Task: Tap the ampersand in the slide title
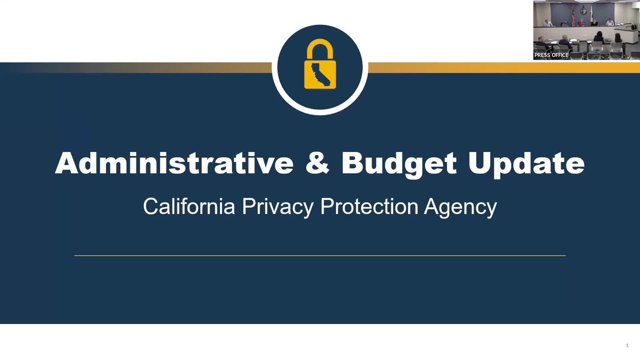(x=317, y=163)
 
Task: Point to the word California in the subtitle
(x=189, y=206)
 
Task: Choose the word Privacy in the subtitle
(x=277, y=207)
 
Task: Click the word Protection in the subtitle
(x=369, y=206)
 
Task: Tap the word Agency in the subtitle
(x=460, y=207)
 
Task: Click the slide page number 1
(x=627, y=345)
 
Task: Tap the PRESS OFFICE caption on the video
(x=551, y=55)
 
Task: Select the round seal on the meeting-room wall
(x=583, y=10)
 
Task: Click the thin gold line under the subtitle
(x=320, y=256)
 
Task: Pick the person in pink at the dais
(x=582, y=23)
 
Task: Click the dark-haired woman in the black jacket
(x=599, y=38)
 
